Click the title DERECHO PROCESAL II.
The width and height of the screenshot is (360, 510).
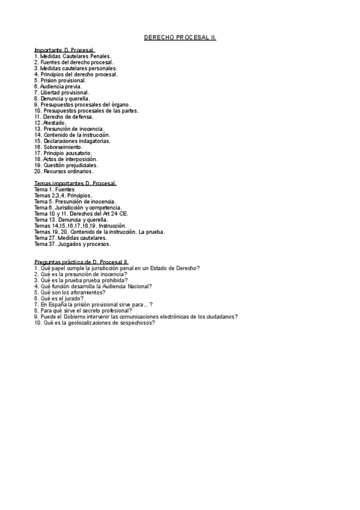180,37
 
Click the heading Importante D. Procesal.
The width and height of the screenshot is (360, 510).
64,50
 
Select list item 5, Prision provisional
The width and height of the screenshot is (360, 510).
60,80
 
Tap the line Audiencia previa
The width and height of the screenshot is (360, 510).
58,86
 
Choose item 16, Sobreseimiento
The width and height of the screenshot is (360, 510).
58,147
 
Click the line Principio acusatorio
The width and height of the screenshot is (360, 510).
63,153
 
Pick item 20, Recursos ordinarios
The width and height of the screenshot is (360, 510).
64,171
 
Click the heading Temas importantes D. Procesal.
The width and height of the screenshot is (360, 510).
75,183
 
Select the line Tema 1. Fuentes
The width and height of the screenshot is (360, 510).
55,189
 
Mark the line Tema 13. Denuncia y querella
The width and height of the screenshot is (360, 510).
72,220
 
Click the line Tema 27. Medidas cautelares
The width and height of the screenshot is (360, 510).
71,238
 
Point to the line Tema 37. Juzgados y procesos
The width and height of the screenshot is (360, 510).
73,244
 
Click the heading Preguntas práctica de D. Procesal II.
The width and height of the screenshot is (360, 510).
82,262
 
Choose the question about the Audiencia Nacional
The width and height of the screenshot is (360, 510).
93,286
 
